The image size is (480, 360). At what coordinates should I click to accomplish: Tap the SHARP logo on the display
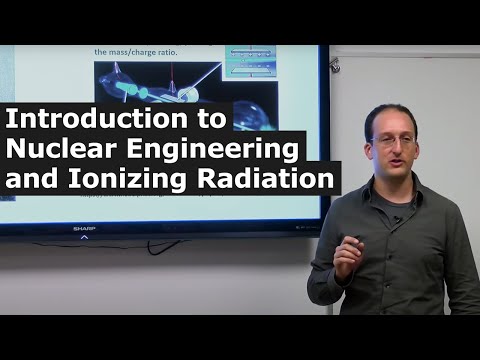pos(84,229)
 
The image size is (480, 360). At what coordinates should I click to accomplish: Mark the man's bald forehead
pos(384,119)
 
